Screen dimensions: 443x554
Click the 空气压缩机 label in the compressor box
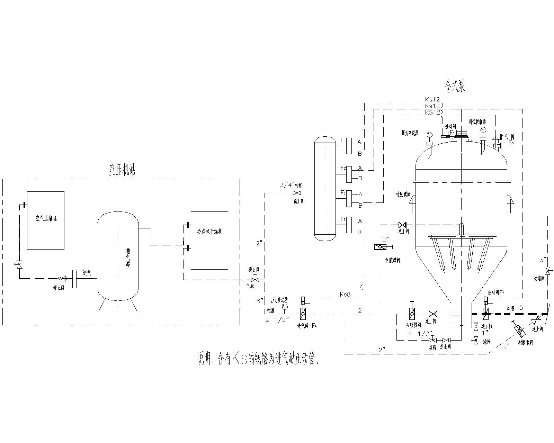click(46, 219)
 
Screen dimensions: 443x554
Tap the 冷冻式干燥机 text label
click(209, 231)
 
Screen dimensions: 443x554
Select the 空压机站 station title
click(120, 170)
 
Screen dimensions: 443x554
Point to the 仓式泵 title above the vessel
click(455, 86)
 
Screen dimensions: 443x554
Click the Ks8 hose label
click(345, 295)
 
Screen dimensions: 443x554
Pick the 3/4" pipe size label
click(287, 185)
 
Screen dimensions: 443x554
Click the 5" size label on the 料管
click(522, 307)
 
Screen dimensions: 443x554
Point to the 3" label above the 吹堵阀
click(543, 259)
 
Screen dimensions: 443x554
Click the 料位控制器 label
click(477, 122)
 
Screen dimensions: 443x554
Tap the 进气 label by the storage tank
click(87, 272)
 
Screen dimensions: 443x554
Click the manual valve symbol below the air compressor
click(19, 265)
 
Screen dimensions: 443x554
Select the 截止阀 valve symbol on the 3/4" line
click(297, 193)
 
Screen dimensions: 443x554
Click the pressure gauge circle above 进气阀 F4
click(285, 307)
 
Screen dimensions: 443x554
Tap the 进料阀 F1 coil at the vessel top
click(445, 136)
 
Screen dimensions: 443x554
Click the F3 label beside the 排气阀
click(511, 143)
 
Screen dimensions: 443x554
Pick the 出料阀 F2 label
click(496, 292)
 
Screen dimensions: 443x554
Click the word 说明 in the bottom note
click(204, 359)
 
